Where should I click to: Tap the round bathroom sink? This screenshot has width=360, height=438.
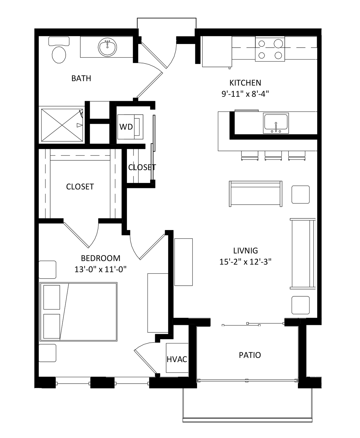coord(107,47)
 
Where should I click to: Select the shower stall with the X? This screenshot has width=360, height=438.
coord(62,125)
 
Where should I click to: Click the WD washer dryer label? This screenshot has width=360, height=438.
coord(126,127)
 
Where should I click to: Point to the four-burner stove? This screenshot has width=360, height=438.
coord(270,49)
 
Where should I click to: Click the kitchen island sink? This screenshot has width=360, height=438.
coord(276,123)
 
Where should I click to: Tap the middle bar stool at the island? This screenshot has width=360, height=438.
coord(273,156)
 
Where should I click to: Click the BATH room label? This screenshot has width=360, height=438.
coord(81,78)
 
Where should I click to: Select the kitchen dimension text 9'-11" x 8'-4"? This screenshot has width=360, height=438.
coord(245,94)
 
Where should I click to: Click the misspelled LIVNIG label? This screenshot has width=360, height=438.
coord(246,251)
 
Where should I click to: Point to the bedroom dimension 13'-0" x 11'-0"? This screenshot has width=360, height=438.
coord(100,269)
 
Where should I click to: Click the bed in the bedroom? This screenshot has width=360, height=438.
coord(78,312)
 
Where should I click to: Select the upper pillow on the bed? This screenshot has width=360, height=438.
coord(52,297)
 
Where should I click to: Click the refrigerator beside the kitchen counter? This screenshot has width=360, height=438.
coord(217,52)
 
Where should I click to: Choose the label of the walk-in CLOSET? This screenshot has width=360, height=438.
coord(80,187)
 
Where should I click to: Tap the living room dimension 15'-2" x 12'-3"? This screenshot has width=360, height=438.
coord(246,262)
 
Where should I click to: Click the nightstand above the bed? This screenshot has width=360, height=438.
coord(47,270)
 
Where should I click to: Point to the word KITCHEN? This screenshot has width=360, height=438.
coord(245,83)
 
